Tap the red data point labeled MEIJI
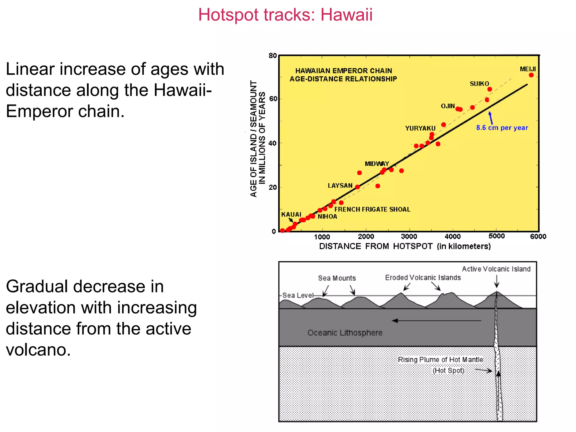point(531,75)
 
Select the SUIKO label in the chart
point(479,84)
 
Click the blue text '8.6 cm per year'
point(502,128)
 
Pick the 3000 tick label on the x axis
point(409,236)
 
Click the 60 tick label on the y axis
point(273,99)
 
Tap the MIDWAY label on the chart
point(377,164)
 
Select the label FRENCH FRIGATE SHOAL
point(372,209)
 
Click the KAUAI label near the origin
point(291,215)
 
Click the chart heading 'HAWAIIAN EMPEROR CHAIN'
point(343,71)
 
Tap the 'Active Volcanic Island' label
point(496,269)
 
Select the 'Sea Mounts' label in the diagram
point(337,278)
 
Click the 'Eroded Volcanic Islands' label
point(423,278)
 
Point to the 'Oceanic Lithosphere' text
point(345,333)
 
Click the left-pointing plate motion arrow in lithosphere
point(436,320)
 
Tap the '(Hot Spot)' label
point(448,370)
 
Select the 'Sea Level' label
point(298,295)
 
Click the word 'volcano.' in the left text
point(38,350)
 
